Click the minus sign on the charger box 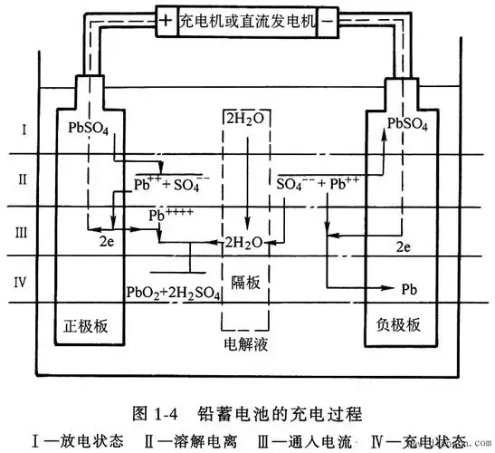(x=328, y=17)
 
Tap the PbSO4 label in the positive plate (x=89, y=128)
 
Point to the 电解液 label (x=246, y=345)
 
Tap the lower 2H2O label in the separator (x=244, y=243)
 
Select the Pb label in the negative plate (x=409, y=289)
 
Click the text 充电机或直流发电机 (x=247, y=17)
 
